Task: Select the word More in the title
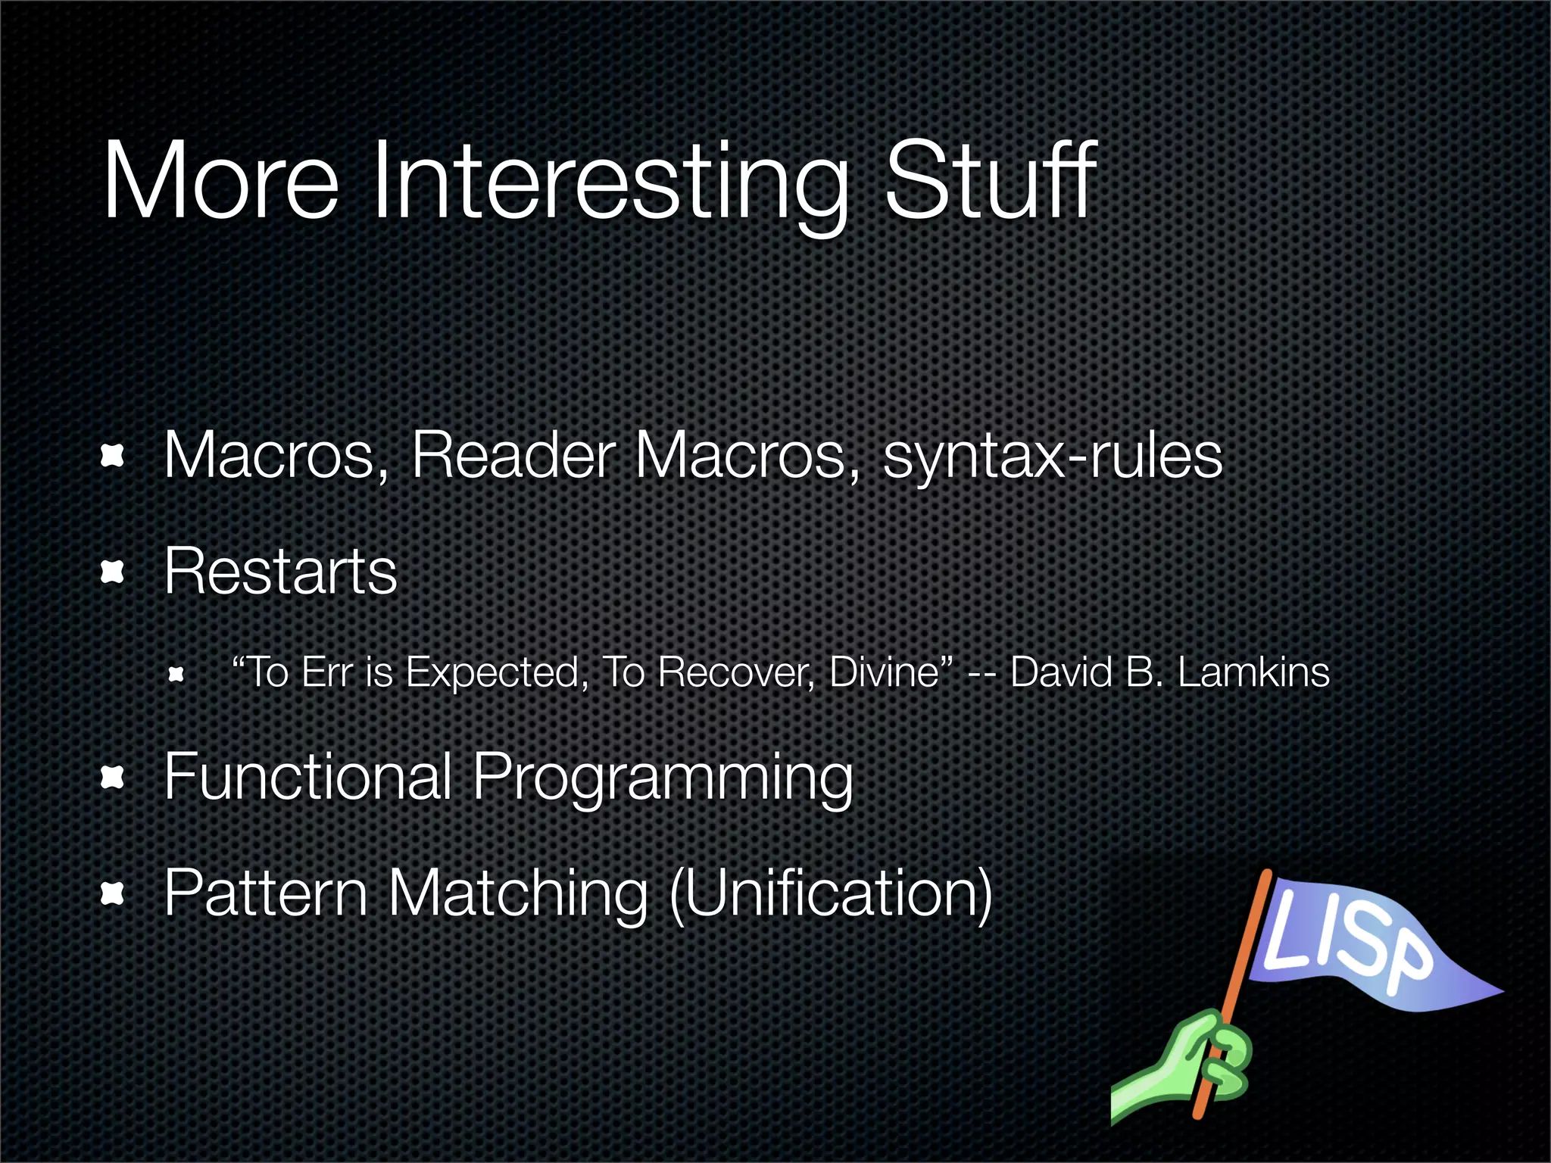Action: point(220,182)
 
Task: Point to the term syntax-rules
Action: point(1053,457)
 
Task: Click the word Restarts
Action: point(280,572)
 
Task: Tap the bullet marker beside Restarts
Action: point(112,572)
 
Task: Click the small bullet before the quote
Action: point(176,674)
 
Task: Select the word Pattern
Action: point(265,893)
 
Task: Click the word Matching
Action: point(518,894)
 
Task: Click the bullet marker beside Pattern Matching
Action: point(112,894)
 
